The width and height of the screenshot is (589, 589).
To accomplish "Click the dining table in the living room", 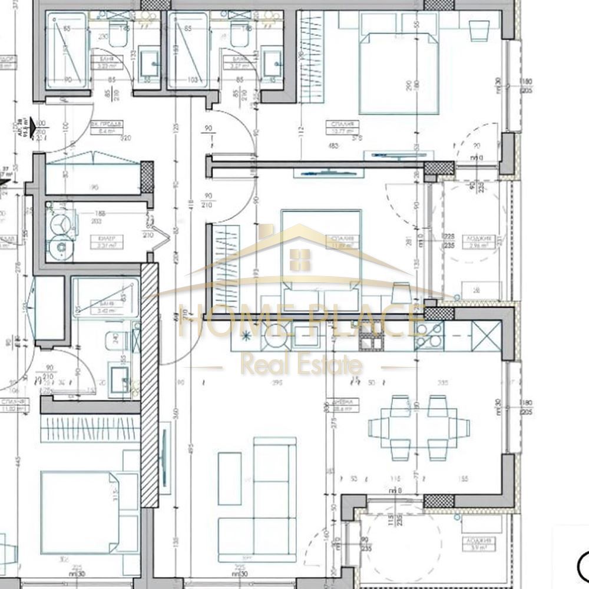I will pyautogui.click(x=419, y=428).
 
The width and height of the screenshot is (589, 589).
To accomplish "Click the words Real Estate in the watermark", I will pyautogui.click(x=301, y=366).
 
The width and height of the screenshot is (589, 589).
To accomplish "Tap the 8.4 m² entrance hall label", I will pyautogui.click(x=107, y=128).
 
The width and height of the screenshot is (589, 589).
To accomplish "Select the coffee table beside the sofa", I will pyautogui.click(x=229, y=478).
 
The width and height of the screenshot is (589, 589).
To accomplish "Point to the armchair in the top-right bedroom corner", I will pyautogui.click(x=479, y=28).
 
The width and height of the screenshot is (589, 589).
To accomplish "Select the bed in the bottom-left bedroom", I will pyautogui.click(x=80, y=512).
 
